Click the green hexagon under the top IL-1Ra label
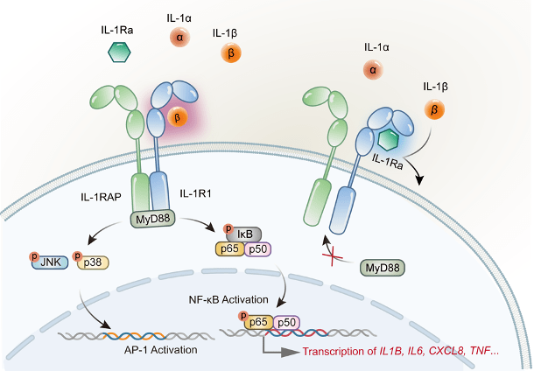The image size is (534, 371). pyautogui.click(x=119, y=52)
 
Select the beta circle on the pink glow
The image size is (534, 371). pyautogui.click(x=178, y=118)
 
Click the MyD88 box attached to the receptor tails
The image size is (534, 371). pyautogui.click(x=153, y=219)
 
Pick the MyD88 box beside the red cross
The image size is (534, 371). pyautogui.click(x=382, y=268)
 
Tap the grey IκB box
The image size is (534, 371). pyautogui.click(x=243, y=234)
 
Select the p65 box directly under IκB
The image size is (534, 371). pyautogui.click(x=229, y=249)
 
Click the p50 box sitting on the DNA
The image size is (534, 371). pyautogui.click(x=286, y=323)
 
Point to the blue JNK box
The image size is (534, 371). pyautogui.click(x=50, y=262)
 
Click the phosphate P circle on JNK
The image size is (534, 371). pyautogui.click(x=34, y=255)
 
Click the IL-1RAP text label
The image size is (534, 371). pyautogui.click(x=101, y=197)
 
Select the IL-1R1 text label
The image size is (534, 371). pyautogui.click(x=195, y=193)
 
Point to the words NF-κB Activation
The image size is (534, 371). pyautogui.click(x=228, y=300)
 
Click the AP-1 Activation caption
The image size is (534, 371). pyautogui.click(x=160, y=349)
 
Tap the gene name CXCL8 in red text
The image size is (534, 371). pyautogui.click(x=446, y=351)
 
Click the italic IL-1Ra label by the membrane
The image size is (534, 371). pyautogui.click(x=388, y=161)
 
